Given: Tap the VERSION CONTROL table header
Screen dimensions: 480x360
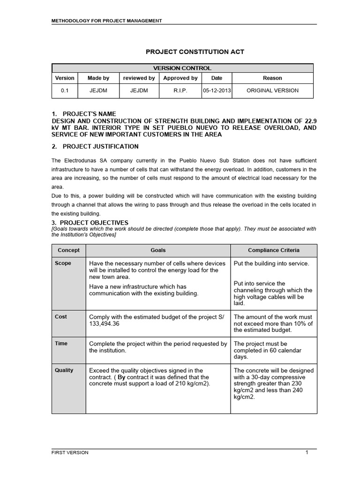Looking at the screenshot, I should (x=182, y=68).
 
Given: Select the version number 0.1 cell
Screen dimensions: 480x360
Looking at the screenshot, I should (x=65, y=90).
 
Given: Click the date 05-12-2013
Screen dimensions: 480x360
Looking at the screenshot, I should (x=216, y=90).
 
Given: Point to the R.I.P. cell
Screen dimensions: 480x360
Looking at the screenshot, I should (x=180, y=90).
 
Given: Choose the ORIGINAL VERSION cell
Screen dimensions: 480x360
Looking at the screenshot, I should (x=272, y=90).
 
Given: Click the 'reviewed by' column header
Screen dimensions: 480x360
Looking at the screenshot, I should (x=139, y=78).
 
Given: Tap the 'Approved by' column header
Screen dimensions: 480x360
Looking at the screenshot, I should (x=180, y=78).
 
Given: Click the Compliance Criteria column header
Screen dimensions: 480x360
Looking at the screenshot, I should (x=274, y=250).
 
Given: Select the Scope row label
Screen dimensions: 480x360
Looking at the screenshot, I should (x=63, y=263).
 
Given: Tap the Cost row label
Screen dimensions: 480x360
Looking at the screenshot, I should (x=61, y=317).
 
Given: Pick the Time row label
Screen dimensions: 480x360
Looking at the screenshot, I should (x=61, y=344).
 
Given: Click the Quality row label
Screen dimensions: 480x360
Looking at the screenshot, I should (x=64, y=370).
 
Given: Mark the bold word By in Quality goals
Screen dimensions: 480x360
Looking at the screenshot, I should (x=121, y=377).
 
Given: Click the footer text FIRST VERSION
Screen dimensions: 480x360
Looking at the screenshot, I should (x=70, y=452).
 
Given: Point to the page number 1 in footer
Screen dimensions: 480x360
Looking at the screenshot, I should (x=307, y=452).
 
